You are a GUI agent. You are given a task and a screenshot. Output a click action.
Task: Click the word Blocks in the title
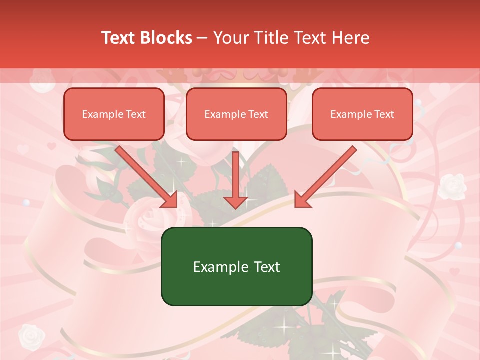pyautogui.click(x=166, y=38)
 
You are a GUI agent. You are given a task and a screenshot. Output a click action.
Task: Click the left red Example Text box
pyautogui.click(x=114, y=114)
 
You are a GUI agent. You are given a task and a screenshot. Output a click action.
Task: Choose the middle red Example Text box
pyautogui.click(x=236, y=114)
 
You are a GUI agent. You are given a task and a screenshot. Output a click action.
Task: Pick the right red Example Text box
pyautogui.click(x=362, y=114)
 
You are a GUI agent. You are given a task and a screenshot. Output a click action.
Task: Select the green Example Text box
pyautogui.click(x=236, y=267)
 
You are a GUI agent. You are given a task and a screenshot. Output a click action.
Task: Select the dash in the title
pyautogui.click(x=203, y=38)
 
